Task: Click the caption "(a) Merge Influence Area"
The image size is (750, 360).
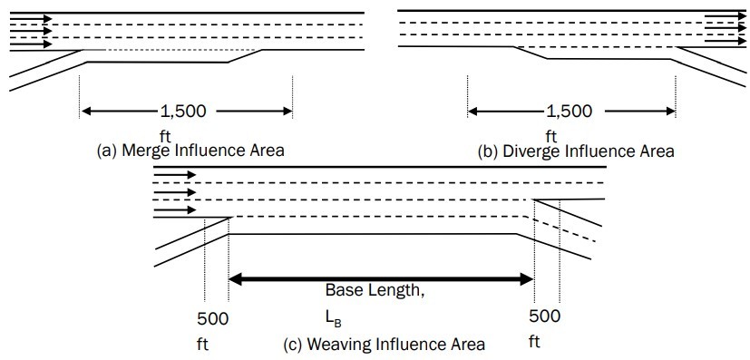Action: point(190,151)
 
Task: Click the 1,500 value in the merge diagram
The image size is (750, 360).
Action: point(184,112)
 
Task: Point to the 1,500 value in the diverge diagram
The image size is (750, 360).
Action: point(570,112)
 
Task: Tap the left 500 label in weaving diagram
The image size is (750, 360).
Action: point(212,318)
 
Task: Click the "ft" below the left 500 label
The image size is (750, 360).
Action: point(203,345)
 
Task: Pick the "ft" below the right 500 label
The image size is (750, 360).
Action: point(534,342)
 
